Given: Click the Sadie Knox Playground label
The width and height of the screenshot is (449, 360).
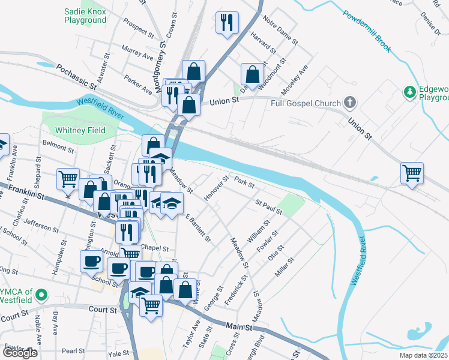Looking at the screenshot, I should click(x=85, y=16).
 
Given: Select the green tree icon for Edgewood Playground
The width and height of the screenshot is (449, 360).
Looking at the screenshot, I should click(x=410, y=92).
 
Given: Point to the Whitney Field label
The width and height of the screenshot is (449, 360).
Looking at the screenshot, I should click(x=80, y=130).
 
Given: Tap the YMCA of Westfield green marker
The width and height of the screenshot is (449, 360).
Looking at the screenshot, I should click(x=41, y=295).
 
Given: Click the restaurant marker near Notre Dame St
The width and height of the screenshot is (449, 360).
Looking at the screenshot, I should click(x=227, y=23).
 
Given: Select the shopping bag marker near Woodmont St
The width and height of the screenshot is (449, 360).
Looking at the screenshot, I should click(x=253, y=74).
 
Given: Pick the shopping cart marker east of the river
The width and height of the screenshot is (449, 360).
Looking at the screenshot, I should click(x=412, y=173).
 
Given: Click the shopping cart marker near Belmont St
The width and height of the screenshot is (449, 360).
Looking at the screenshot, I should click(x=68, y=179).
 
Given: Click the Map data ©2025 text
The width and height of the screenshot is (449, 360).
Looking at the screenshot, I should click(x=421, y=355).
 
